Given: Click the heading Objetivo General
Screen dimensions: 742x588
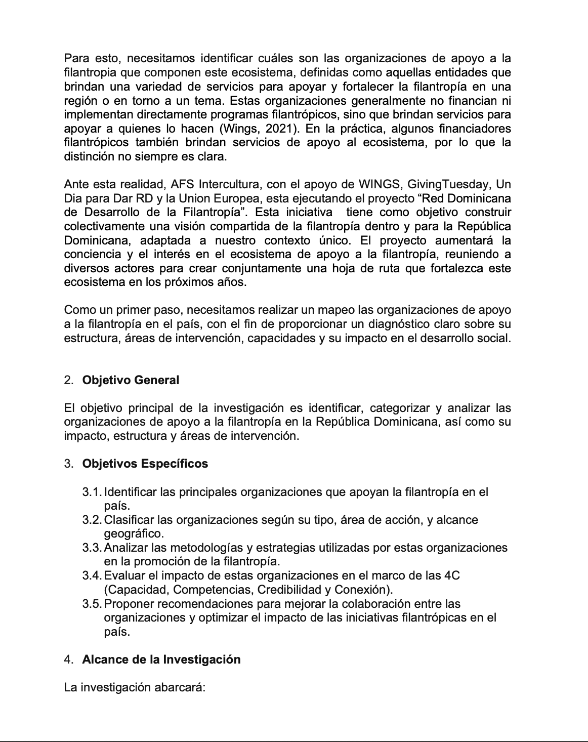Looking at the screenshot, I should click(131, 380).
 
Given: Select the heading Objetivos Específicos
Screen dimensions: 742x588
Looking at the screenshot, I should click(145, 464).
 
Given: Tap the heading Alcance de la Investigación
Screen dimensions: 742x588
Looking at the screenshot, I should click(161, 659).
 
